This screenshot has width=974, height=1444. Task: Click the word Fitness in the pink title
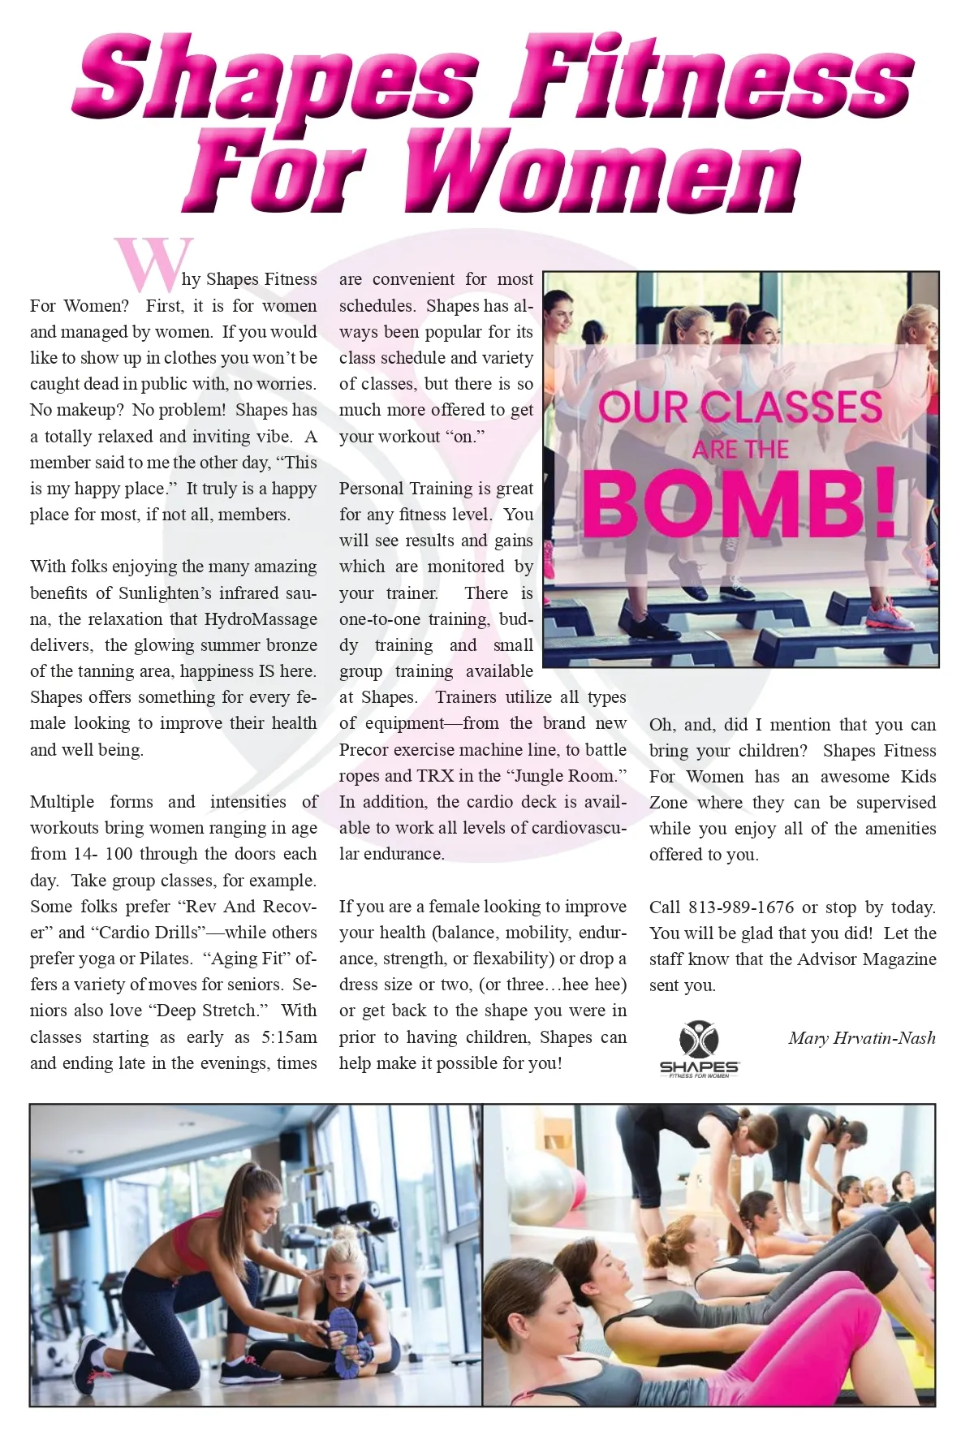coord(712,79)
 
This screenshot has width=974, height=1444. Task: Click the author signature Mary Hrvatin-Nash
coord(861,1037)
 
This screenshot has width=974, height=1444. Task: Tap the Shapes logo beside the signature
coord(699,1049)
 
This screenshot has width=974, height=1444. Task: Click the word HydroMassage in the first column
coord(261,619)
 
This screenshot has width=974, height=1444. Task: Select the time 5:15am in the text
coord(289,1037)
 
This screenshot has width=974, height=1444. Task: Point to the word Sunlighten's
coord(165,593)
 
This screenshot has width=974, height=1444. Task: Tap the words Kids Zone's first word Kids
coord(918,776)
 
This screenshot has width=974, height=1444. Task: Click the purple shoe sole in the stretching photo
coord(346,1341)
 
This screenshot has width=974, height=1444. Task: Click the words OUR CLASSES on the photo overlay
coord(739,407)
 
